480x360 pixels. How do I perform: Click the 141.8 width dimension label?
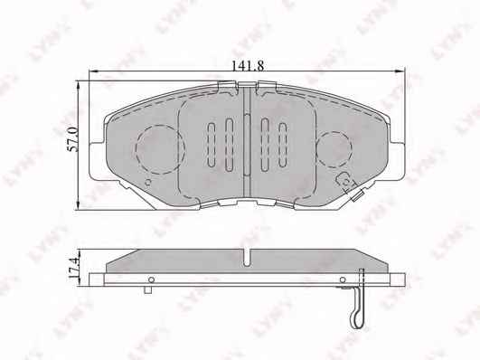[247, 66]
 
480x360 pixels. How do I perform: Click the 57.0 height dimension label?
[73, 139]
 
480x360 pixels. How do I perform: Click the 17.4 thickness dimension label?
[73, 268]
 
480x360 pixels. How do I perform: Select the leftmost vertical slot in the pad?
[212, 145]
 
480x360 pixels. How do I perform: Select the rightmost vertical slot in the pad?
[283, 145]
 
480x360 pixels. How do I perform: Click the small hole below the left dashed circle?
[148, 183]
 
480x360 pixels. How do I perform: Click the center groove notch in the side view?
[247, 257]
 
